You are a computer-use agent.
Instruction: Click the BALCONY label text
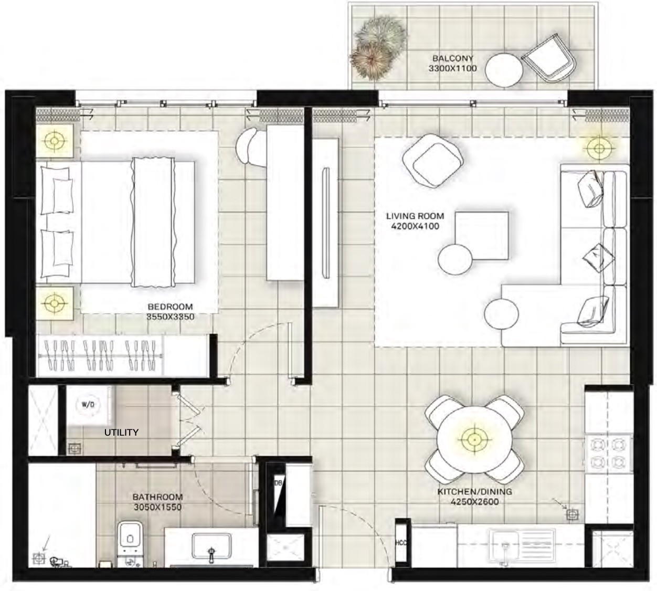click(x=453, y=58)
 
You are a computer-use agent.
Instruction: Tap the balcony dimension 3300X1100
click(x=453, y=68)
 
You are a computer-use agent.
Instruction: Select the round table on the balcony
click(x=504, y=70)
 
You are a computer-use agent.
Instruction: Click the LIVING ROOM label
click(x=415, y=216)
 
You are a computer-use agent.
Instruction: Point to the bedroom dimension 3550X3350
click(x=171, y=317)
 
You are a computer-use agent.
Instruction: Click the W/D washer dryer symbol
click(x=88, y=405)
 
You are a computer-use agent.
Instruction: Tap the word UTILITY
click(x=121, y=432)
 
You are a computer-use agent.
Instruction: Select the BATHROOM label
click(x=157, y=497)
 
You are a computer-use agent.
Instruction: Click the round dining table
click(x=474, y=439)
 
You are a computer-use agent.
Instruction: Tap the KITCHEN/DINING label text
click(x=474, y=491)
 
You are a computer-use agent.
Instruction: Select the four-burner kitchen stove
click(x=608, y=454)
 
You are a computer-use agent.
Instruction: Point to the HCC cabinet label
click(x=401, y=543)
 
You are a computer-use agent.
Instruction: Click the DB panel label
click(x=278, y=483)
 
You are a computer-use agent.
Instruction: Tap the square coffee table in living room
click(x=481, y=236)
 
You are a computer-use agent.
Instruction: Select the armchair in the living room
click(x=432, y=161)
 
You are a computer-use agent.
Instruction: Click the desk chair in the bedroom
click(x=250, y=146)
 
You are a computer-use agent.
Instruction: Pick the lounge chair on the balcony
click(x=549, y=58)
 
